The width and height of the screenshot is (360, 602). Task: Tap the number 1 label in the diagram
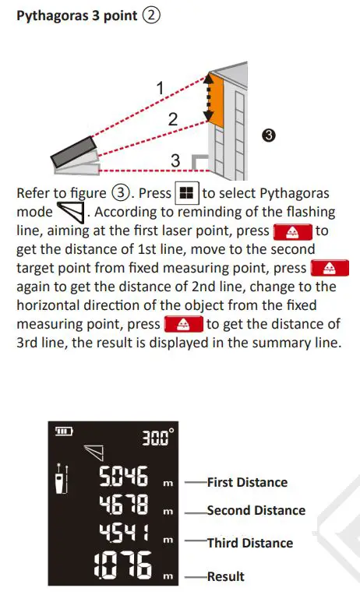click(x=161, y=89)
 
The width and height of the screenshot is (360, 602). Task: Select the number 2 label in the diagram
click(x=173, y=119)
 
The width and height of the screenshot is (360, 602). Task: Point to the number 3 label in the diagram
click(x=176, y=160)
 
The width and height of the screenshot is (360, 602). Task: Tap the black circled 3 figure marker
click(x=268, y=136)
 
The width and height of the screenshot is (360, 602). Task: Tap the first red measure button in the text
click(x=293, y=231)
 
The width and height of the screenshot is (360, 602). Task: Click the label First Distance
click(x=247, y=483)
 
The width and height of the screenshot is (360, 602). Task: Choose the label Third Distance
click(x=249, y=543)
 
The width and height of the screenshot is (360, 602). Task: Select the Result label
click(x=225, y=576)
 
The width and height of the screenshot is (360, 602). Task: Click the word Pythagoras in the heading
click(x=50, y=16)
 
